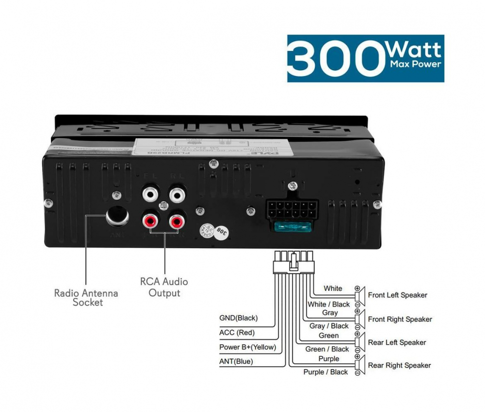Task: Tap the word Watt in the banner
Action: click(414, 49)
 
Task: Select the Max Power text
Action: click(415, 64)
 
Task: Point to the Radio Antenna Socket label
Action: click(86, 297)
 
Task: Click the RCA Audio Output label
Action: click(164, 287)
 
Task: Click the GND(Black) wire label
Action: click(238, 318)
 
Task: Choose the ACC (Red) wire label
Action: click(237, 333)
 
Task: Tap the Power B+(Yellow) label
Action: click(247, 347)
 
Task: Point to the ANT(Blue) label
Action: click(236, 361)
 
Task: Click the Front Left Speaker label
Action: click(397, 295)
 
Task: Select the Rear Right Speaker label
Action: click(399, 365)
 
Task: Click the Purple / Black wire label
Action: click(325, 372)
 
